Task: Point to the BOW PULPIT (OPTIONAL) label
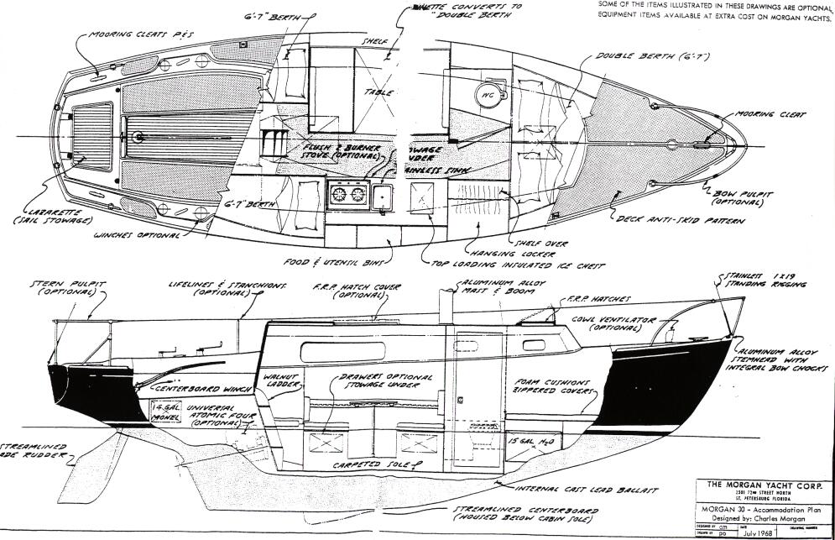click(735, 197)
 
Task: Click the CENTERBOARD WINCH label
click(197, 390)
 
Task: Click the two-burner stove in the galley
click(350, 195)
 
